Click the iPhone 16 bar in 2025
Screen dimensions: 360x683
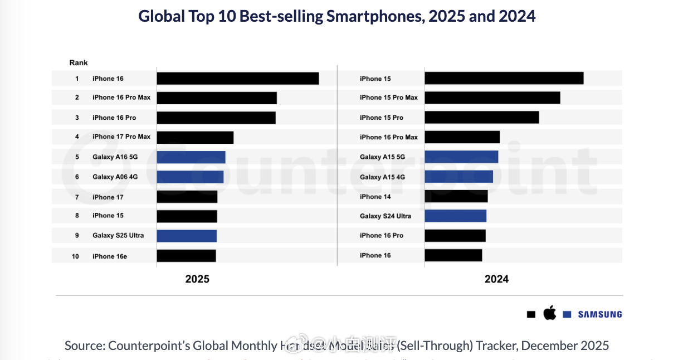coord(237,79)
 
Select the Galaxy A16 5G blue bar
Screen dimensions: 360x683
coord(191,157)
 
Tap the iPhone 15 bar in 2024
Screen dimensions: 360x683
coord(504,79)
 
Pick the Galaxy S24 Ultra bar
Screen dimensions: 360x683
coord(455,216)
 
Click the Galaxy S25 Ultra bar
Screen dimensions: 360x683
coord(186,236)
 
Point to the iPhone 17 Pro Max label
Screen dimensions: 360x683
coord(121,137)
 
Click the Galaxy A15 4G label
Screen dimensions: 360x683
coord(382,177)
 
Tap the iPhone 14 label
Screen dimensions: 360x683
coord(375,197)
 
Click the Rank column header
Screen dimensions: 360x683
coord(79,63)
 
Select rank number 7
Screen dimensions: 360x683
coord(77,197)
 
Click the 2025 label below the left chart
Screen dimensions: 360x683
coord(197,279)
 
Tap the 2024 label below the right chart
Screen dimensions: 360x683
coord(496,279)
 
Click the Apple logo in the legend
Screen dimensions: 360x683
coord(549,313)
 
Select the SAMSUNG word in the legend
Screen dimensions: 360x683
coord(599,314)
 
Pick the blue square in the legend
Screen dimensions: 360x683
coord(567,314)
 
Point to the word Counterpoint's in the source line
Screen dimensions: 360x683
coord(149,346)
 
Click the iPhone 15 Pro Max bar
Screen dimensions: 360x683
coord(492,98)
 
